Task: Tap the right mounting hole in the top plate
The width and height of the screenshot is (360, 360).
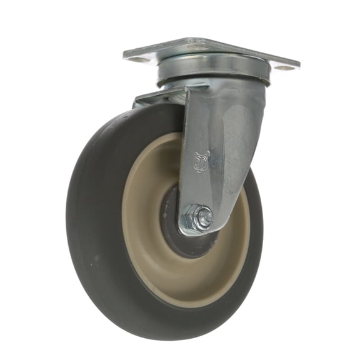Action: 284,67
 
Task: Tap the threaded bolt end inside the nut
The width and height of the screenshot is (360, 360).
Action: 204,217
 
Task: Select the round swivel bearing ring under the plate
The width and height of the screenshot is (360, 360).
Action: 212,72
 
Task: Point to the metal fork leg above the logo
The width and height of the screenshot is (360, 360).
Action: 212,119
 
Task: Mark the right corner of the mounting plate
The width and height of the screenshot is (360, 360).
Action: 298,66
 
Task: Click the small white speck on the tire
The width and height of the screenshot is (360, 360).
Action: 95,257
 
